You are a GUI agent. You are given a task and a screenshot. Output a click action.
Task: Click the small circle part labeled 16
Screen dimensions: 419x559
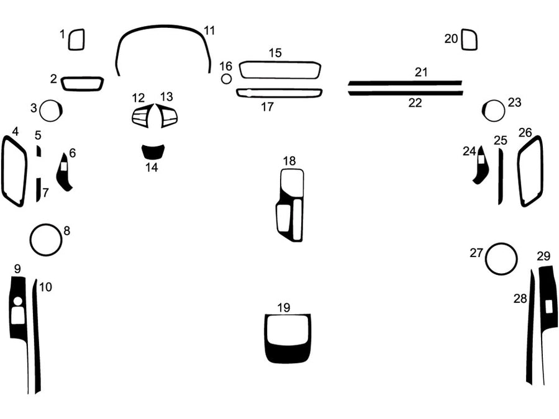pyautogui.click(x=227, y=79)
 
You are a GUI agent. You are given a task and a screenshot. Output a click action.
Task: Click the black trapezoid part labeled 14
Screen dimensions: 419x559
pyautogui.click(x=153, y=151)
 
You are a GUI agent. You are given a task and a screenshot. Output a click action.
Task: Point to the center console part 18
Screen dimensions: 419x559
pyautogui.click(x=290, y=205)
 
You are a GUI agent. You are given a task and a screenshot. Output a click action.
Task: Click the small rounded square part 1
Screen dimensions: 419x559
pyautogui.click(x=76, y=40)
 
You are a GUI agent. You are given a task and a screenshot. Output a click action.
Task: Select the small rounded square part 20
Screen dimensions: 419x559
pyautogui.click(x=470, y=40)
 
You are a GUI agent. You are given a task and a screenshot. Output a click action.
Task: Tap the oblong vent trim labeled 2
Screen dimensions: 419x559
pyautogui.click(x=82, y=83)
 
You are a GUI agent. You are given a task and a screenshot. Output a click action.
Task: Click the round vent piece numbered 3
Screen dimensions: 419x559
pyautogui.click(x=50, y=111)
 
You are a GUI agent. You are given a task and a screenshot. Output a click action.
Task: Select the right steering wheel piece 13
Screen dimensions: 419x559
pyautogui.click(x=168, y=115)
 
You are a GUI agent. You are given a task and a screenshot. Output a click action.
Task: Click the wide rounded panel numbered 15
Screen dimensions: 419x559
pyautogui.click(x=279, y=70)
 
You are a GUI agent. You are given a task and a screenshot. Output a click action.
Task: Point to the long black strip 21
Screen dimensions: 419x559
pyautogui.click(x=404, y=82)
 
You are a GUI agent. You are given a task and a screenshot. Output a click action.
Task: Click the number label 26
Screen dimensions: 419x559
pyautogui.click(x=525, y=132)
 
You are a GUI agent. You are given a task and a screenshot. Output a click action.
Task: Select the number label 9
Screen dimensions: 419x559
pyautogui.click(x=17, y=269)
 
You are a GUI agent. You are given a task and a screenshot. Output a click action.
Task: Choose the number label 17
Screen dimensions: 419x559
pyautogui.click(x=267, y=107)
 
